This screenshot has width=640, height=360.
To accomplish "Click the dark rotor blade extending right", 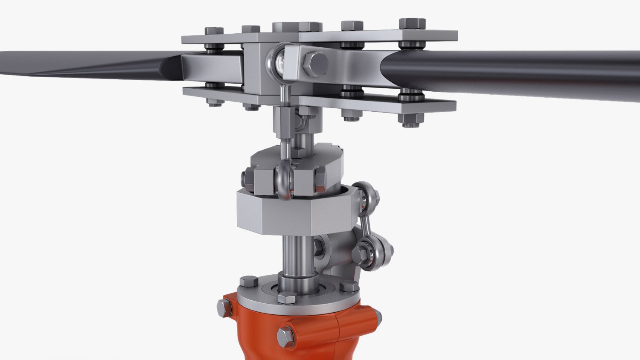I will point(512,73).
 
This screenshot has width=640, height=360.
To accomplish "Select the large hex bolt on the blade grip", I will point(316,64).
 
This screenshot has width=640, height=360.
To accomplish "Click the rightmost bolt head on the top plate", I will point(412,24).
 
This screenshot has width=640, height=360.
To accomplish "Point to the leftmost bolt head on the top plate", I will point(214,31).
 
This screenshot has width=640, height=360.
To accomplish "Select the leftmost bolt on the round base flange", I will point(248,282).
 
